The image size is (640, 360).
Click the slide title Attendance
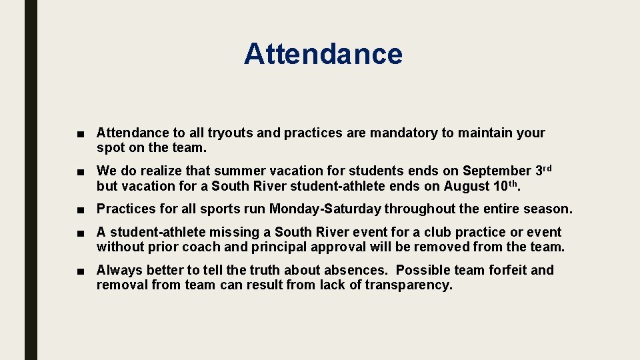[323, 53]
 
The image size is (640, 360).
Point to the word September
[495, 171]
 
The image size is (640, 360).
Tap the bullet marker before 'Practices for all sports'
[80, 209]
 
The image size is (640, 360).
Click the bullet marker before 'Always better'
[80, 271]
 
